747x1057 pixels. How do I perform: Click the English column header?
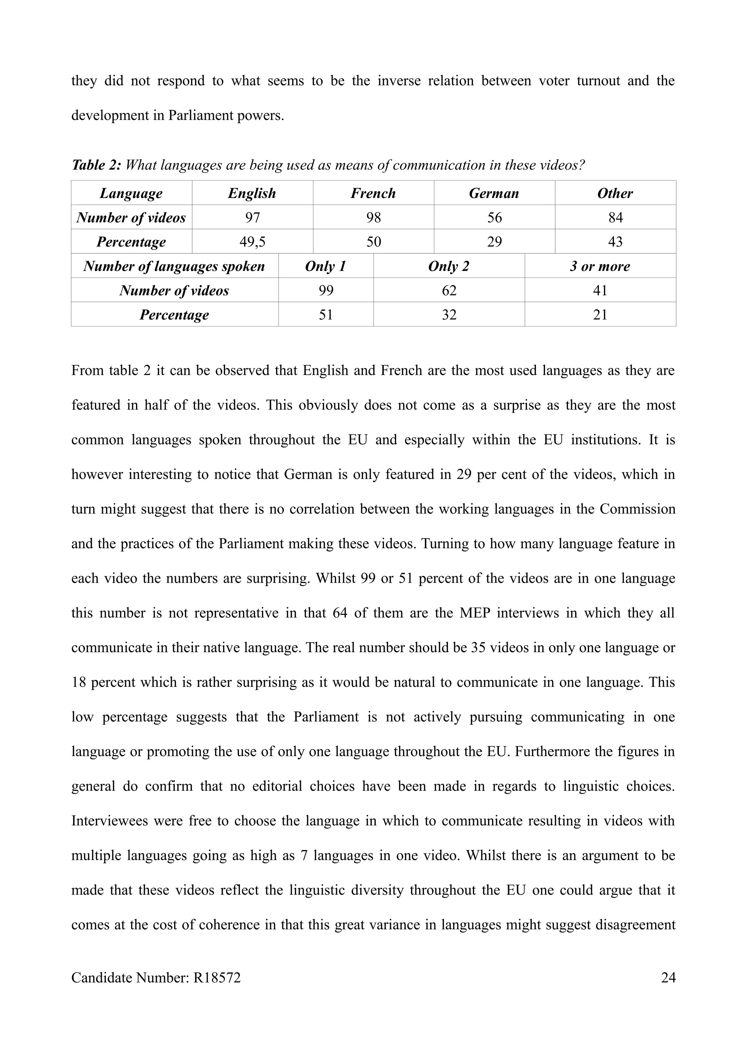point(252,193)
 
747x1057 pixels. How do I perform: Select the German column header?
point(494,193)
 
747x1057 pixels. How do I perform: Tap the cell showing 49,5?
point(252,242)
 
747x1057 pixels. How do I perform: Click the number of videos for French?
point(373,217)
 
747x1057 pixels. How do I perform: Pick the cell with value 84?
point(615,217)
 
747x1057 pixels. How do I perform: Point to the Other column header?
point(615,193)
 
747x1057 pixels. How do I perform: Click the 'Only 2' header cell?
point(449,266)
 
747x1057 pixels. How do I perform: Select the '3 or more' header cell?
point(600,266)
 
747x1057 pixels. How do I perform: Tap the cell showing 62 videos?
point(449,290)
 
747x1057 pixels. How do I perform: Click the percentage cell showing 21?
point(600,315)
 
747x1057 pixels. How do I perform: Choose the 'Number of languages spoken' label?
point(174,266)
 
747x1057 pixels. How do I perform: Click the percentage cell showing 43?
point(615,242)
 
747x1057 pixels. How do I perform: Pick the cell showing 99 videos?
point(325,290)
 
